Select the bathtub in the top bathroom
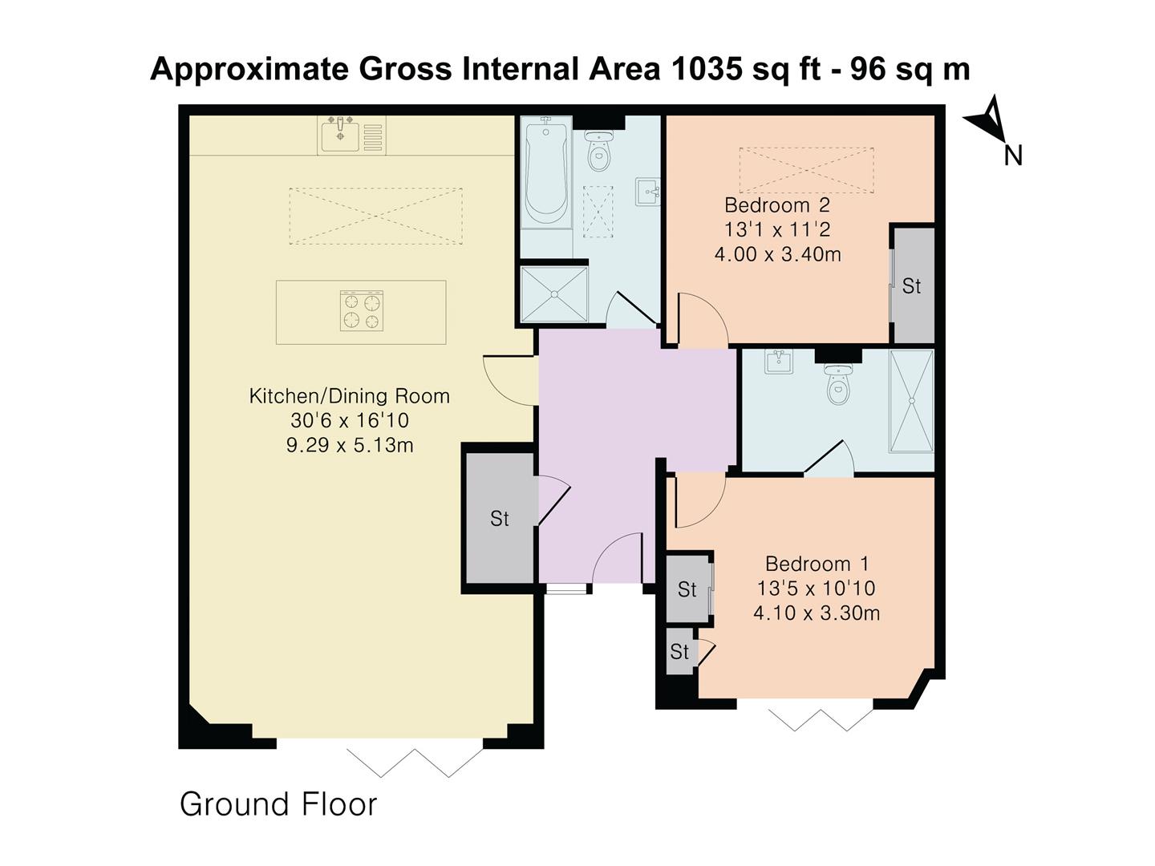[546, 173]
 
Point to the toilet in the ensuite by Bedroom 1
[838, 386]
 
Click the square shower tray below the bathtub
[553, 294]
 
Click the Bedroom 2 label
[776, 205]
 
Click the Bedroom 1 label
[817, 564]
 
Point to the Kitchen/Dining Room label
[349, 395]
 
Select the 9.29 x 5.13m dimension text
[349, 445]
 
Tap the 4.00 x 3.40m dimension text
[776, 255]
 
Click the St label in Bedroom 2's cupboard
[911, 286]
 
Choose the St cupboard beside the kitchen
[499, 519]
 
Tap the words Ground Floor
[278, 803]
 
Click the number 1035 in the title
[705, 70]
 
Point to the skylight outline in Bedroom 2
[806, 170]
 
